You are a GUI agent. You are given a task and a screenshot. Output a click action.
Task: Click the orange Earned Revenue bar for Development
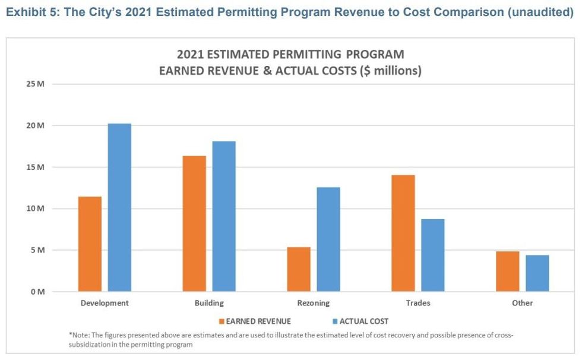pos(90,244)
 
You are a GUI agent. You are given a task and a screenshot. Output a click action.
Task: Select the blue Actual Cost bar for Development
pos(119,207)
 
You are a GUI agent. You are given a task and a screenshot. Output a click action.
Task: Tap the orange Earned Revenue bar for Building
pos(194,223)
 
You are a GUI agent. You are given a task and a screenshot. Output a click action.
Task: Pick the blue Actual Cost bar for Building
pos(224,216)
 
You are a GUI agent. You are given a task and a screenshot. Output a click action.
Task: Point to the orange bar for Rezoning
pos(299,269)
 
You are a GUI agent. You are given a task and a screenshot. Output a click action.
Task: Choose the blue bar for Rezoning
pos(328,239)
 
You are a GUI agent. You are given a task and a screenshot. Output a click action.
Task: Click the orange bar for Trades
pos(403,233)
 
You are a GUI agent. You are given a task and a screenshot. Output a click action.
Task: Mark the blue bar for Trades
pos(433,255)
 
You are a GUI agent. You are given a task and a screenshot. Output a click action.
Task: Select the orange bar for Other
pos(508,271)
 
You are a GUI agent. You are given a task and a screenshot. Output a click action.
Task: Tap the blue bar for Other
pos(537,273)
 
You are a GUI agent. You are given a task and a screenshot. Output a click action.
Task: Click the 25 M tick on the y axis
pos(36,84)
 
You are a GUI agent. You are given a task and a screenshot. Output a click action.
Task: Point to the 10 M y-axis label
pos(36,209)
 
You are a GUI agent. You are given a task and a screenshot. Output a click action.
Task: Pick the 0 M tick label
pos(38,292)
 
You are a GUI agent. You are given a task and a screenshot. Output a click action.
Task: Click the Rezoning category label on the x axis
pos(314,303)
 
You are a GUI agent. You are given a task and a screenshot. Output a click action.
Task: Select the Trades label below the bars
pos(418,303)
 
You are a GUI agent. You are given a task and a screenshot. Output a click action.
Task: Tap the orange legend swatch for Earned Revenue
pos(222,321)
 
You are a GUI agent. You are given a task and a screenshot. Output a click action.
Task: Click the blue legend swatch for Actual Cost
pos(334,321)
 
